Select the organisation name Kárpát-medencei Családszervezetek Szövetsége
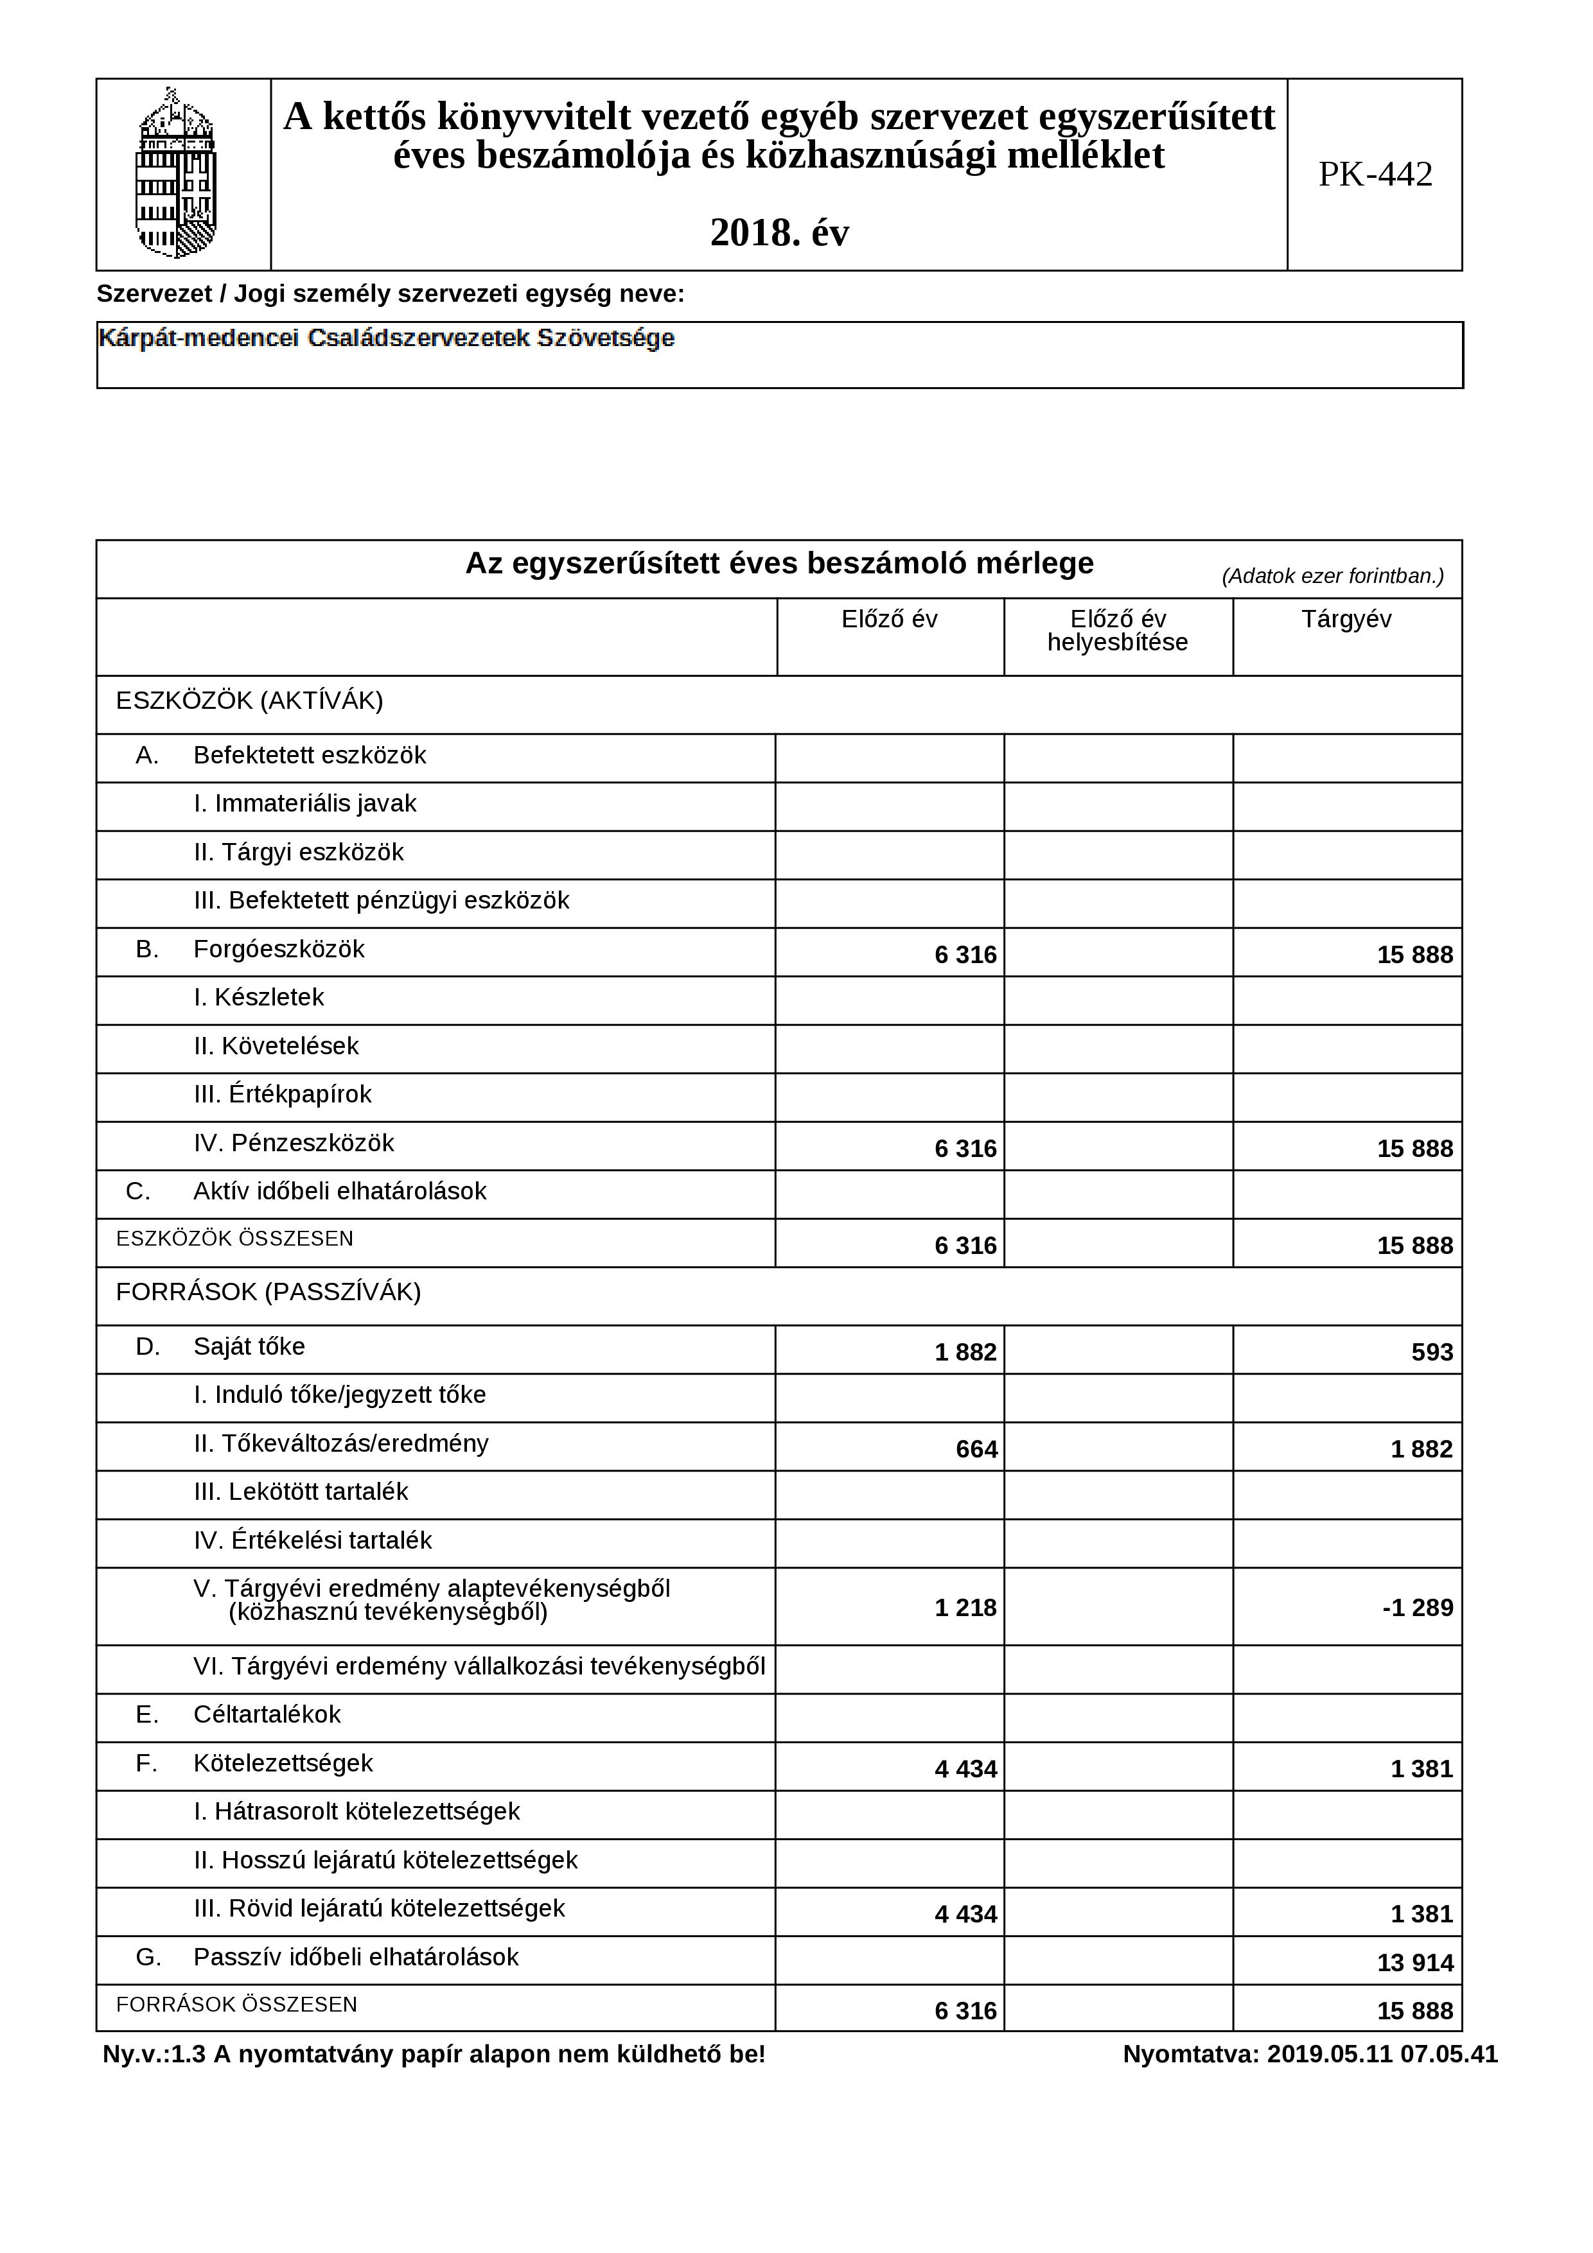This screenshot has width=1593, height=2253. (x=387, y=338)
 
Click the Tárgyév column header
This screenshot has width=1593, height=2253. (x=1346, y=619)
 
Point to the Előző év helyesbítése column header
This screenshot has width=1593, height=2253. (x=1117, y=631)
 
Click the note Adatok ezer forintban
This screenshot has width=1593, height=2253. (x=1332, y=576)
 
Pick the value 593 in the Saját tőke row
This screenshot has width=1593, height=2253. (x=1431, y=1352)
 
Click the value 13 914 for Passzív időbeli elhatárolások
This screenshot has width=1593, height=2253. (x=1414, y=1963)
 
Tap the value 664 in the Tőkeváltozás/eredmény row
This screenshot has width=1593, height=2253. (x=976, y=1449)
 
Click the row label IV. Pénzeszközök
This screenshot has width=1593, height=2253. (x=294, y=1143)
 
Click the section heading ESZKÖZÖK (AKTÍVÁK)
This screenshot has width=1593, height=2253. (x=249, y=700)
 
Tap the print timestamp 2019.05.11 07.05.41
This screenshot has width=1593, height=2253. (x=1382, y=2054)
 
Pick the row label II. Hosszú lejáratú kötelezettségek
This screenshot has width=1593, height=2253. (x=386, y=1861)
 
